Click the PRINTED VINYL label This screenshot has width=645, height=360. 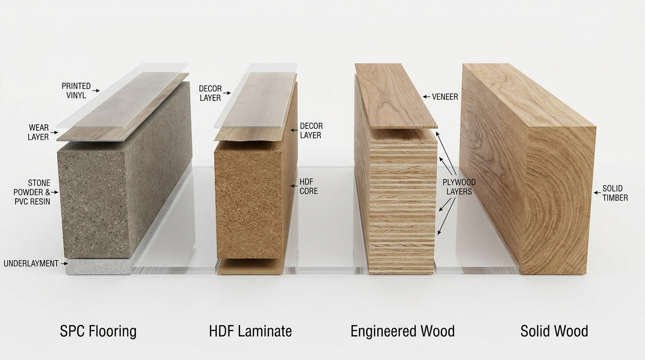[x=76, y=90]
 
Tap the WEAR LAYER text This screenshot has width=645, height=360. [x=38, y=132]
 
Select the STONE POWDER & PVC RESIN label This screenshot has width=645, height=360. [x=32, y=192]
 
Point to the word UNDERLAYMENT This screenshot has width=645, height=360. [x=31, y=263]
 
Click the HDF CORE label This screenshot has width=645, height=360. [x=309, y=187]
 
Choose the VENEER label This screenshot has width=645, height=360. [x=445, y=97]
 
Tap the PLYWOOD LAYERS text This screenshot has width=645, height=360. [x=459, y=187]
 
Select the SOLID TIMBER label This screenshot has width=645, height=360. [x=615, y=193]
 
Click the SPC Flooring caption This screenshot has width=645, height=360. [x=98, y=331]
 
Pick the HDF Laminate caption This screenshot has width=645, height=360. [x=250, y=331]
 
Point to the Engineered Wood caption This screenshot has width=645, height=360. [x=403, y=331]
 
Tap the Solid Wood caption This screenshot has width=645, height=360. [x=554, y=331]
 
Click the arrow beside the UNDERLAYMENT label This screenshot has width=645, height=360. [x=64, y=263]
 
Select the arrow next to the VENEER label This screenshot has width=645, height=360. [x=427, y=97]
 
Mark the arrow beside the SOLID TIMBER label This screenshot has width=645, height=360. [x=597, y=193]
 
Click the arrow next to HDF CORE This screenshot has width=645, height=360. [x=294, y=186]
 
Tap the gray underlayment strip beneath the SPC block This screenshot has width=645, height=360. [x=98, y=267]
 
